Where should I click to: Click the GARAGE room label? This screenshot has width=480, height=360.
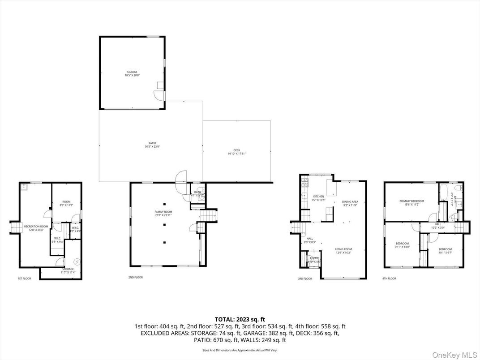pos(132,73)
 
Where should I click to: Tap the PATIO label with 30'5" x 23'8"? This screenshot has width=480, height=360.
pos(150,145)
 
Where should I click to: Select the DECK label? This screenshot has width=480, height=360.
pos(236,152)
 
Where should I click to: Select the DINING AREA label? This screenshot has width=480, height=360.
pos(350,204)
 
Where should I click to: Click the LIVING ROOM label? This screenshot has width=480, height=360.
pos(343,251)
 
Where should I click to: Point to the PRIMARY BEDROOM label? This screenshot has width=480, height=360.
pos(411,203)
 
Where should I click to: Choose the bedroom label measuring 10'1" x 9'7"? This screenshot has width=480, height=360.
pos(445,251)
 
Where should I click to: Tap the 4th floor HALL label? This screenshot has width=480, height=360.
pos(437,226)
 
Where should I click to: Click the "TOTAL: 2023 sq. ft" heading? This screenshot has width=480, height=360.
pos(240,319)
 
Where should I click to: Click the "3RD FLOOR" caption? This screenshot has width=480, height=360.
pos(304,279)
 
